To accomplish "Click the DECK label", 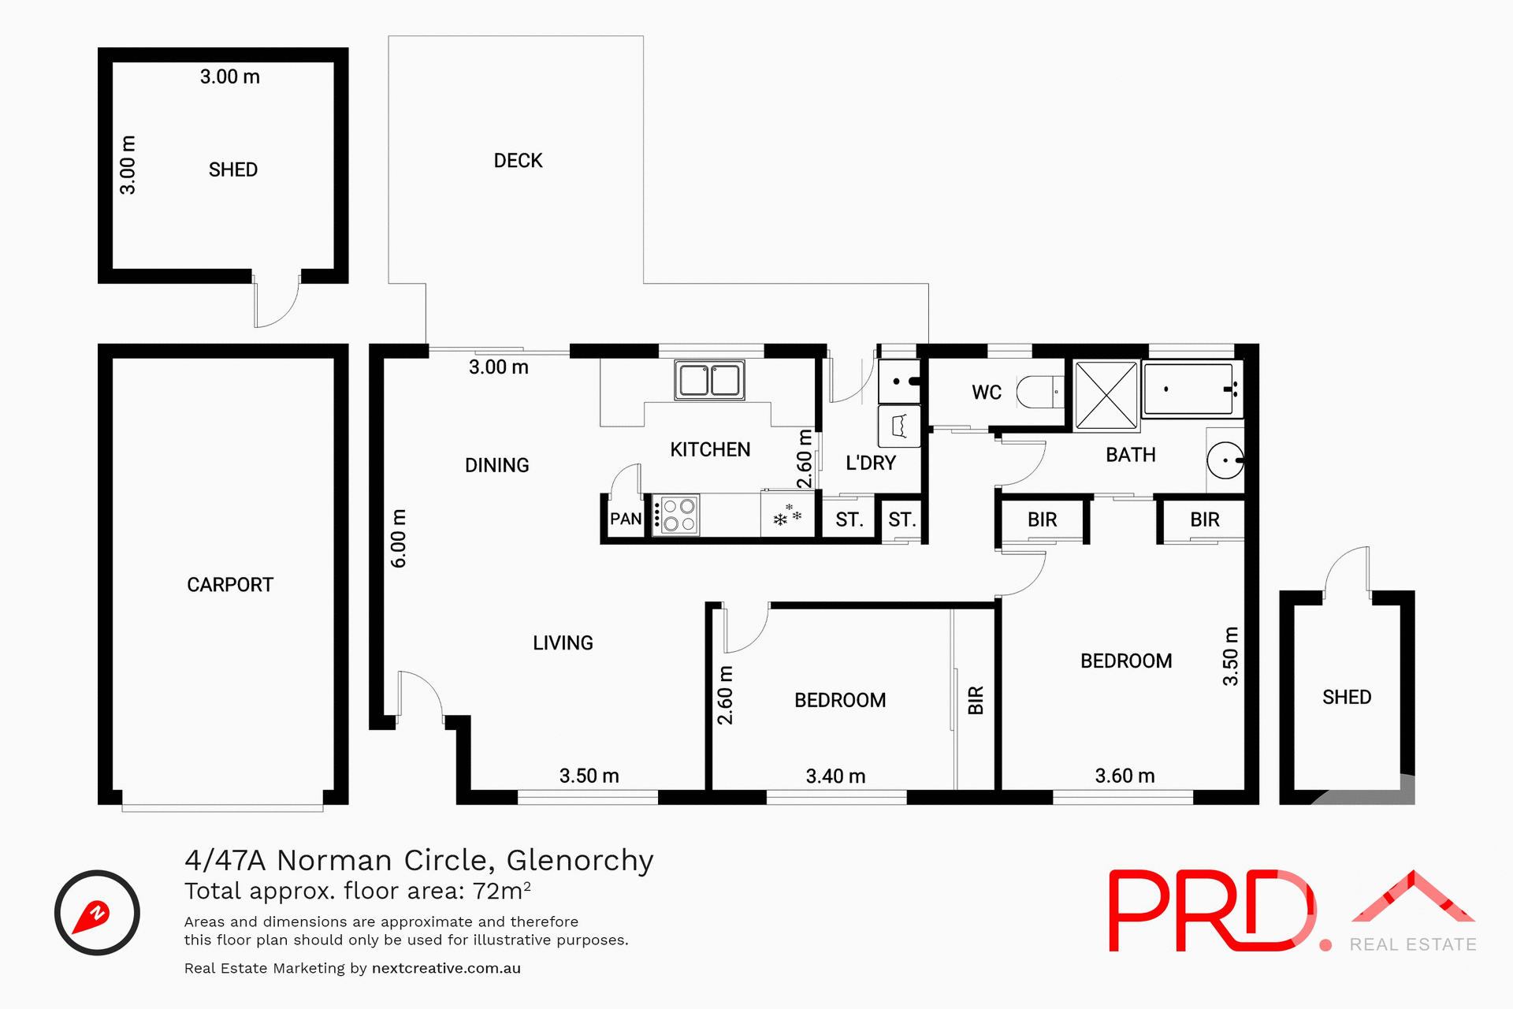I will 518,161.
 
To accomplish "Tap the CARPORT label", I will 229,585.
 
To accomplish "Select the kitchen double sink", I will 709,380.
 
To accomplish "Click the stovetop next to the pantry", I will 678,515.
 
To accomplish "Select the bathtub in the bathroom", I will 1188,389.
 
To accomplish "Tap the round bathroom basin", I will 1225,460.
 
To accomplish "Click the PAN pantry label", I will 626,519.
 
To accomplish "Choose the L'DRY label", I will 870,463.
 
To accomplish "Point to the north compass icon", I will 97,913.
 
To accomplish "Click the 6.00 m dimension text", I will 399,538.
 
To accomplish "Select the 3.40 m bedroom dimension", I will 835,776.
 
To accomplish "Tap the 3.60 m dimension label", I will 1125,776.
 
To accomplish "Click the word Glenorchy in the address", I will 579,860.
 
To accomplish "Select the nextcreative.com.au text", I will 446,968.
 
